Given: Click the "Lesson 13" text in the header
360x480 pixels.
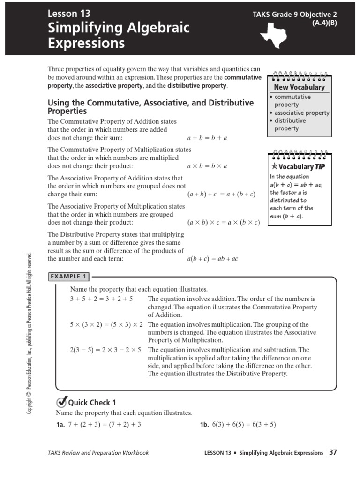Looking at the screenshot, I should (x=69, y=14).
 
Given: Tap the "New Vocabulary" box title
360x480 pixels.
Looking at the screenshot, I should (x=299, y=87).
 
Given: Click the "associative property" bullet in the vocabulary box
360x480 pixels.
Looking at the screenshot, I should (x=301, y=113).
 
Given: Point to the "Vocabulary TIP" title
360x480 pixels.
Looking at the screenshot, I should (x=298, y=166).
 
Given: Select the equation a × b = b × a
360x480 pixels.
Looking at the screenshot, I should (x=207, y=166).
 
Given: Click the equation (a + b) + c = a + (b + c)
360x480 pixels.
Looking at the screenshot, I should (x=221, y=194).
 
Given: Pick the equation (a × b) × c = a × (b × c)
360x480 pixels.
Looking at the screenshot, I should (x=223, y=223).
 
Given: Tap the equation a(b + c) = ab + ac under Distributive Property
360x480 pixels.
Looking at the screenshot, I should (x=212, y=259).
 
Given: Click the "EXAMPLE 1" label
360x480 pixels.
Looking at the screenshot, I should (x=69, y=277).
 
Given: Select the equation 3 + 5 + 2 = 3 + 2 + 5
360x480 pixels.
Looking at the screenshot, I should (x=101, y=299).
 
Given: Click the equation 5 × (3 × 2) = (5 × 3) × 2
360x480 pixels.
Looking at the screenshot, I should (x=107, y=325).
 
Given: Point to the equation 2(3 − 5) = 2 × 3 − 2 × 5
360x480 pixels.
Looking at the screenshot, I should (x=105, y=350).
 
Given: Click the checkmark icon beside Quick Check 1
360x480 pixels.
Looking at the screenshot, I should (x=61, y=402).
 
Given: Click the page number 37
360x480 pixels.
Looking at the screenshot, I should (x=333, y=452).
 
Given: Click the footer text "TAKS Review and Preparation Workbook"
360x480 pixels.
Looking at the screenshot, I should (x=98, y=453).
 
